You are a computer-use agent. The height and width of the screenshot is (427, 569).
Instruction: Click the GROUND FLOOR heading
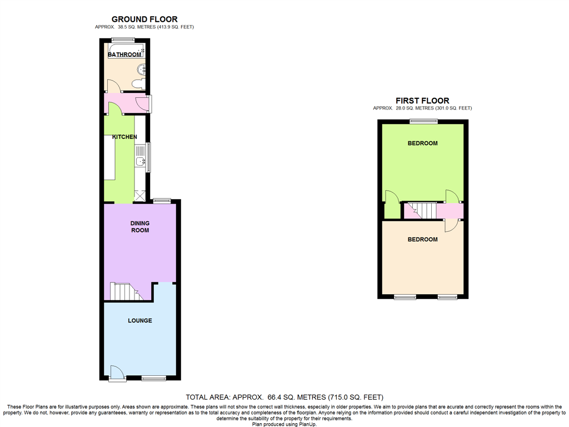[144, 19]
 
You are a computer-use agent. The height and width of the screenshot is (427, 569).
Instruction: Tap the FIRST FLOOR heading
[422, 101]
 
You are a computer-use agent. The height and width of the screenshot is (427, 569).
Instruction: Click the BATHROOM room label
[124, 54]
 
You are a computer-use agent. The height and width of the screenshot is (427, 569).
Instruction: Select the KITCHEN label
[124, 137]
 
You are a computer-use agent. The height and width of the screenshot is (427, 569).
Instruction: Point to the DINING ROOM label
[139, 227]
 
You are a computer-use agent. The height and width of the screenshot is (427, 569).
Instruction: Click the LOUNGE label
[139, 321]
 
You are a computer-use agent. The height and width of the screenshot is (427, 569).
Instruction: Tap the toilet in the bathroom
[138, 85]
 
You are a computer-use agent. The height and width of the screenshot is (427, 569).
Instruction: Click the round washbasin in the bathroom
[142, 68]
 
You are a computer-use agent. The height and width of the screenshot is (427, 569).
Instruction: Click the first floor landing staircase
[420, 211]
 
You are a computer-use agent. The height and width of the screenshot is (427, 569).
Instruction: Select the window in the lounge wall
[154, 379]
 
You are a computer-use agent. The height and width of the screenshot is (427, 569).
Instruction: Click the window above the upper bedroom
[424, 121]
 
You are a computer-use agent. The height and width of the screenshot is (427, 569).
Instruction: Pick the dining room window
[162, 200]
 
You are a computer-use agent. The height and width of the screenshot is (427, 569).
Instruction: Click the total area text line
[284, 397]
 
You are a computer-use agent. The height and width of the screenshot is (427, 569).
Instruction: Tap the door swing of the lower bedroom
[452, 226]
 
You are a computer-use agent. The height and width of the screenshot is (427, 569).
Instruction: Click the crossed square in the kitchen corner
[140, 195]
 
